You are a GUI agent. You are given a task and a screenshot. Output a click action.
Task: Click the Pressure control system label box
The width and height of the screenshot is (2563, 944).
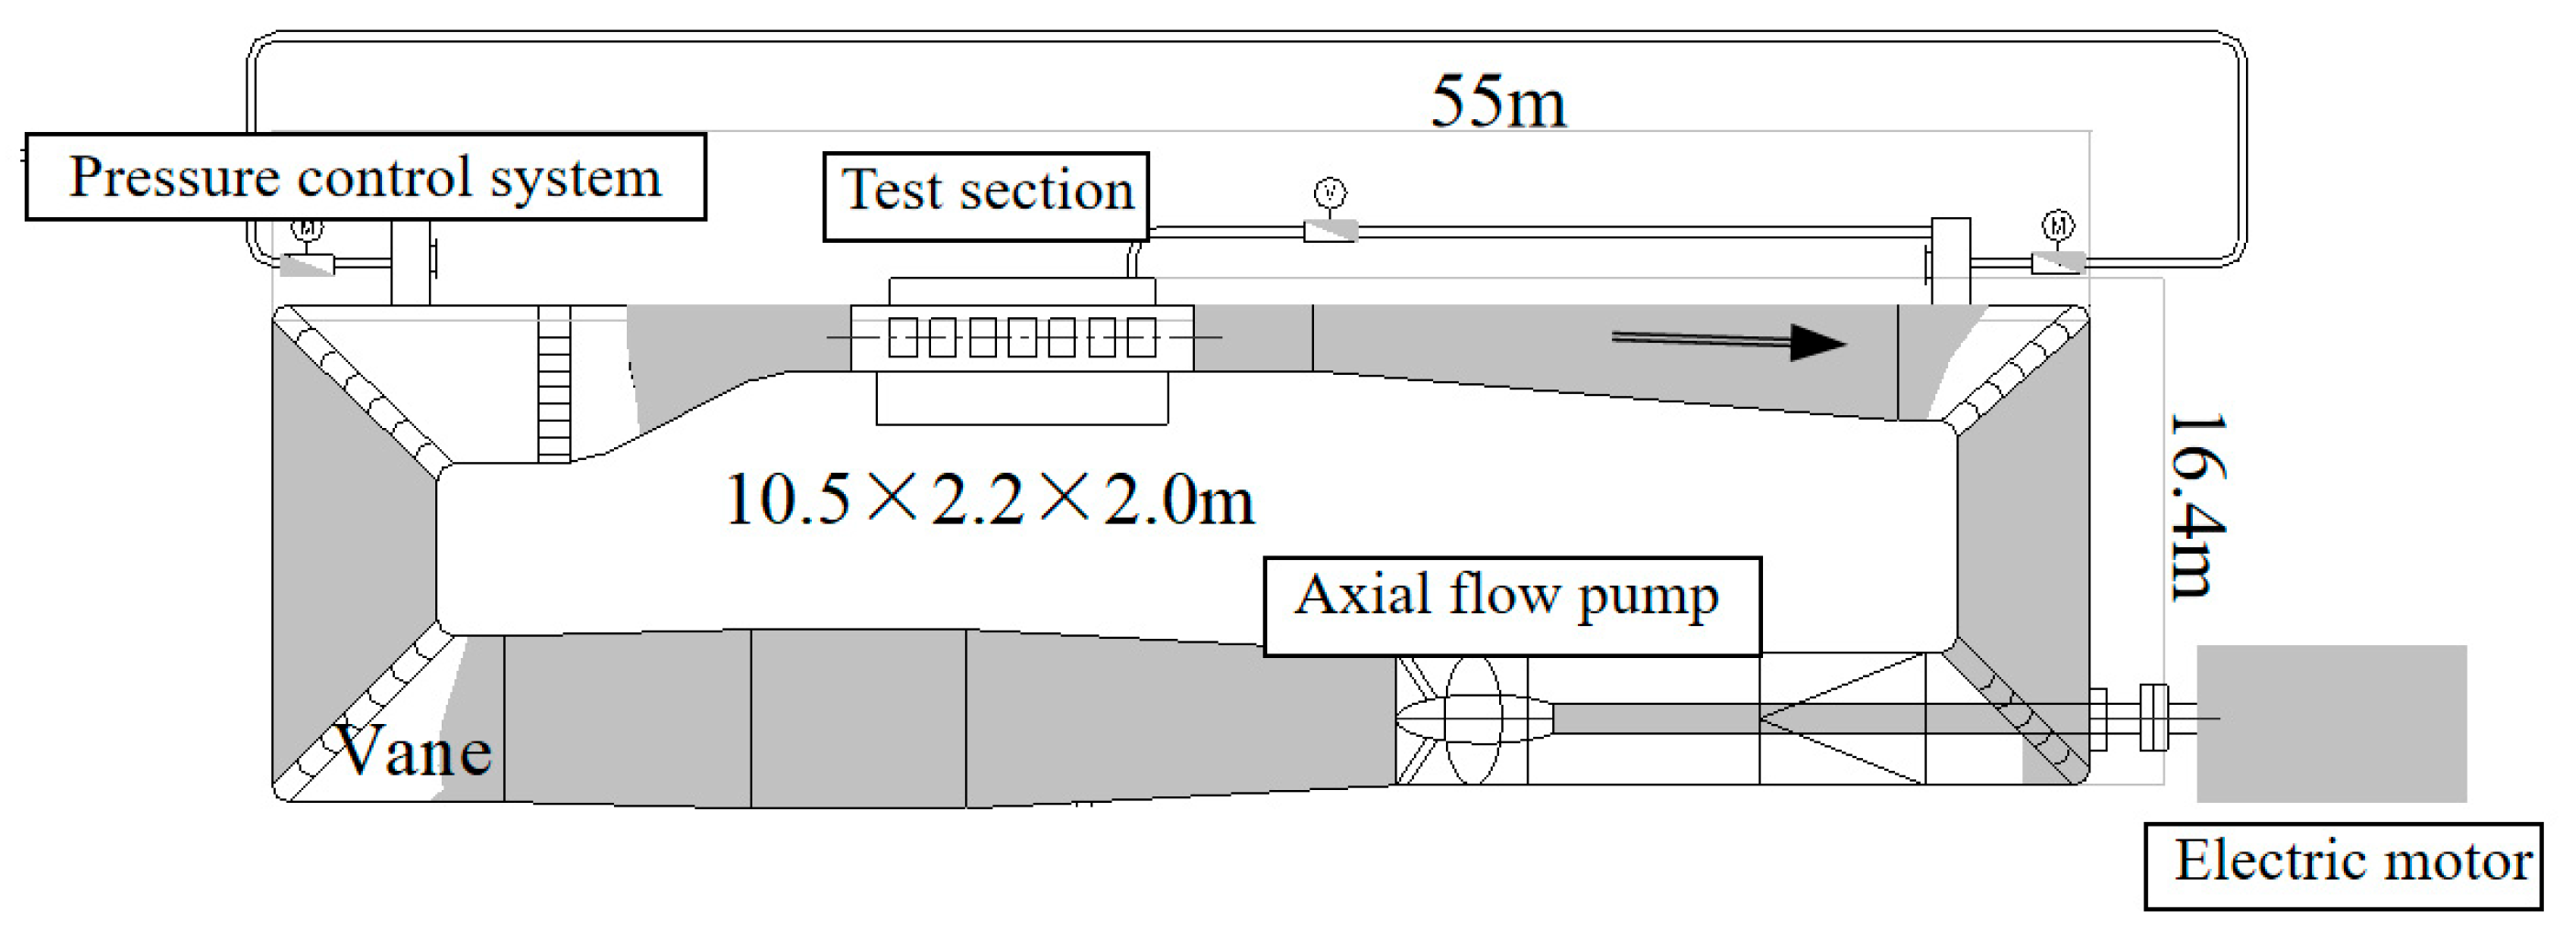click(x=365, y=177)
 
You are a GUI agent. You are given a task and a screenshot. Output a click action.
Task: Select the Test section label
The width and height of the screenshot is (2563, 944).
click(x=986, y=196)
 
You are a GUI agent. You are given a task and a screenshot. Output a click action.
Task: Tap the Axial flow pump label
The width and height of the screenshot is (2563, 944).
click(x=1510, y=605)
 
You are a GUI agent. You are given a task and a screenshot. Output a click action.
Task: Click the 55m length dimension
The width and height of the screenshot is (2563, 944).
click(x=1497, y=103)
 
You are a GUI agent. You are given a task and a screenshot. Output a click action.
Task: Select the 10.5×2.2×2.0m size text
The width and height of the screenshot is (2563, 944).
click(x=989, y=499)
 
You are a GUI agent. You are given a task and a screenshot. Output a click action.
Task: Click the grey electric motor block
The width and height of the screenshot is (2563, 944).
click(x=2330, y=723)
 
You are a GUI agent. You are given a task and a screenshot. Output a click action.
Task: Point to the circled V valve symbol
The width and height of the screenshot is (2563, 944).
click(x=1331, y=192)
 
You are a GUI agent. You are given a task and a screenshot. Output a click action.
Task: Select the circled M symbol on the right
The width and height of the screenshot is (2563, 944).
click(x=2057, y=225)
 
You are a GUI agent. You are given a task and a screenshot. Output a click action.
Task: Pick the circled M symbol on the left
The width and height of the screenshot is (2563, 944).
click(x=306, y=230)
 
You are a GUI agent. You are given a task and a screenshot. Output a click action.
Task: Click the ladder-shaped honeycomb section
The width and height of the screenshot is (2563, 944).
click(x=554, y=383)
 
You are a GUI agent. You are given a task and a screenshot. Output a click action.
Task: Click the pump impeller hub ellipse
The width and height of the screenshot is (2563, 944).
click(x=1473, y=719)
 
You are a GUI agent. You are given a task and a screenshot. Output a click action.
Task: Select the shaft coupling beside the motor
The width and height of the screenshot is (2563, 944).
click(x=2153, y=718)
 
